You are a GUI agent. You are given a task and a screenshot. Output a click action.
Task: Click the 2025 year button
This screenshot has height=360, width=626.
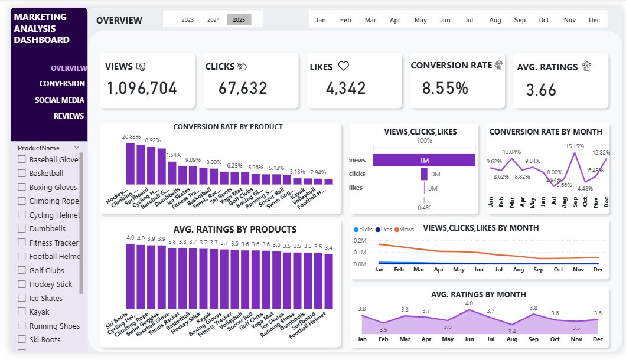click(x=239, y=19)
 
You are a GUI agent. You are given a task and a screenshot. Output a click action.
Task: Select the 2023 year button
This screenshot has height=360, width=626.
click(x=188, y=19)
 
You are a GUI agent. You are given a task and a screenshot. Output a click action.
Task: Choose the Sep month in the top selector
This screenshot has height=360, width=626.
click(x=520, y=20)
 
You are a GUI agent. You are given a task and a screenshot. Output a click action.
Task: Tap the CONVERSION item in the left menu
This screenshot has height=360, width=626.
click(x=62, y=84)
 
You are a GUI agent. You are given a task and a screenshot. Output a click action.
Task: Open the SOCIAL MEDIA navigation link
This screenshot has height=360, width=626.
click(x=60, y=100)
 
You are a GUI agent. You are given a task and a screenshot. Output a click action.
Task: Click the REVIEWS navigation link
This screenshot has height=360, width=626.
click(x=69, y=116)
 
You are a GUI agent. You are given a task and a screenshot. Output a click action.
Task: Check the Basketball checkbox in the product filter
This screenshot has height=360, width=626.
click(x=22, y=174)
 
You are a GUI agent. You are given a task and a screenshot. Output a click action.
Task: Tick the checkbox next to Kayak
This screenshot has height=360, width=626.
click(x=22, y=312)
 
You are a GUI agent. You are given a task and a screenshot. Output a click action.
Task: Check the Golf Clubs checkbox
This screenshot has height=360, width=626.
click(x=22, y=270)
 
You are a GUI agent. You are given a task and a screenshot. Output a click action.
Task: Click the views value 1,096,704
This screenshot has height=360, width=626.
click(x=142, y=89)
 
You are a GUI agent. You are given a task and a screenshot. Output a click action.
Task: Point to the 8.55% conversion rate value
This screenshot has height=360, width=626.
click(x=445, y=89)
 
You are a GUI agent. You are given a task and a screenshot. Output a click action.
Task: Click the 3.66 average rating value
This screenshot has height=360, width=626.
click(x=541, y=90)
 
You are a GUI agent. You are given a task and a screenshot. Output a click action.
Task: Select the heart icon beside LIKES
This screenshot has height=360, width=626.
click(x=344, y=67)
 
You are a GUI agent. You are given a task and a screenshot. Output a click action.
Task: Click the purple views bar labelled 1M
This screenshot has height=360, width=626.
click(x=449, y=160)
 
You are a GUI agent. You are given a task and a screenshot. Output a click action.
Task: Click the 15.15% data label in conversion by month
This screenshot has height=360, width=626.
click(x=575, y=146)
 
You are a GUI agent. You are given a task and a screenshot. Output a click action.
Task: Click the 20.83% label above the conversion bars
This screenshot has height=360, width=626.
click(x=131, y=137)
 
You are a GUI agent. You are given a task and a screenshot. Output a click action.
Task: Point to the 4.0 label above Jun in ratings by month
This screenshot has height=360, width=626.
click(x=469, y=303)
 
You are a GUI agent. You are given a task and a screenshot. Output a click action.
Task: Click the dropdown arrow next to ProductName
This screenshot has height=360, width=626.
click(x=76, y=148)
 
